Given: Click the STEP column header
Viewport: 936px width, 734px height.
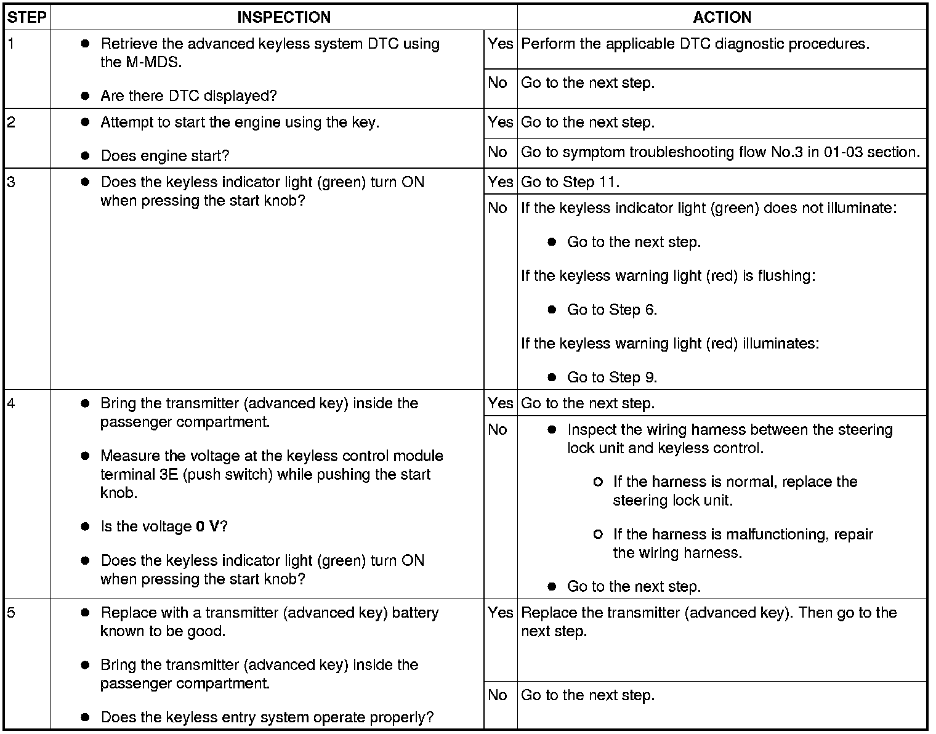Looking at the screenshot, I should [x=27, y=17].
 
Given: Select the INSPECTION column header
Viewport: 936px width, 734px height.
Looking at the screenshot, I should [x=284, y=17].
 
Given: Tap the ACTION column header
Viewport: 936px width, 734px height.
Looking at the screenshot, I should [x=722, y=17].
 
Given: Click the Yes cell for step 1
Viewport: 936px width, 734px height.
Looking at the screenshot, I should [x=500, y=44].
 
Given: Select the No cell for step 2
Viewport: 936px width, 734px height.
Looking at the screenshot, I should [x=498, y=152].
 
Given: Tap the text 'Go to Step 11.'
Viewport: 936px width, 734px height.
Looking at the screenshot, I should [x=570, y=182].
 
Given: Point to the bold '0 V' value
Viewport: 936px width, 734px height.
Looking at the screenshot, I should [x=208, y=527].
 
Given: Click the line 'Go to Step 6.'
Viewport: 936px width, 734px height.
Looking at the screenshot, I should [x=611, y=310].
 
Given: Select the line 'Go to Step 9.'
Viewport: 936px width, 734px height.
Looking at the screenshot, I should [x=611, y=377].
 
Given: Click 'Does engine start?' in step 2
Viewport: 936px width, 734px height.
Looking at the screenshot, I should [x=164, y=156].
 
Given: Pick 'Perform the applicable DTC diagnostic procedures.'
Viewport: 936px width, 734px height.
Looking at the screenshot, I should [x=695, y=44].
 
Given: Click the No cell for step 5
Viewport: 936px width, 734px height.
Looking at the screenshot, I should [x=498, y=695].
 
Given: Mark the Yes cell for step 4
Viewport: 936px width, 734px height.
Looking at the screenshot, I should [x=500, y=403].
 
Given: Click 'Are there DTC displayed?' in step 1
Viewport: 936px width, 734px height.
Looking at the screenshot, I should [x=188, y=96].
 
